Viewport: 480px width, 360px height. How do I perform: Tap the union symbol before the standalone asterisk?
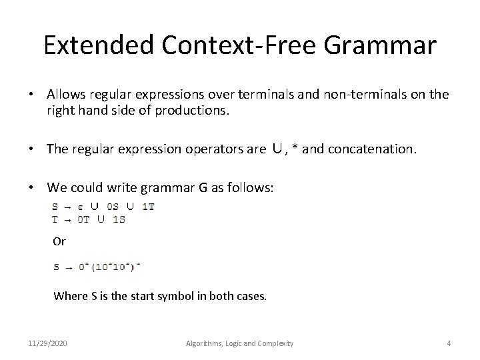pos(279,149)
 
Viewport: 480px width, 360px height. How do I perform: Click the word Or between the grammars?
pos(59,241)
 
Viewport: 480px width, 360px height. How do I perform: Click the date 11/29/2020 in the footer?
pos(47,343)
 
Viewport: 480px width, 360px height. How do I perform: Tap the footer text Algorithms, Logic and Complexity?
pos(240,343)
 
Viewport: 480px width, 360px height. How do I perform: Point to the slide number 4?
pos(449,343)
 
